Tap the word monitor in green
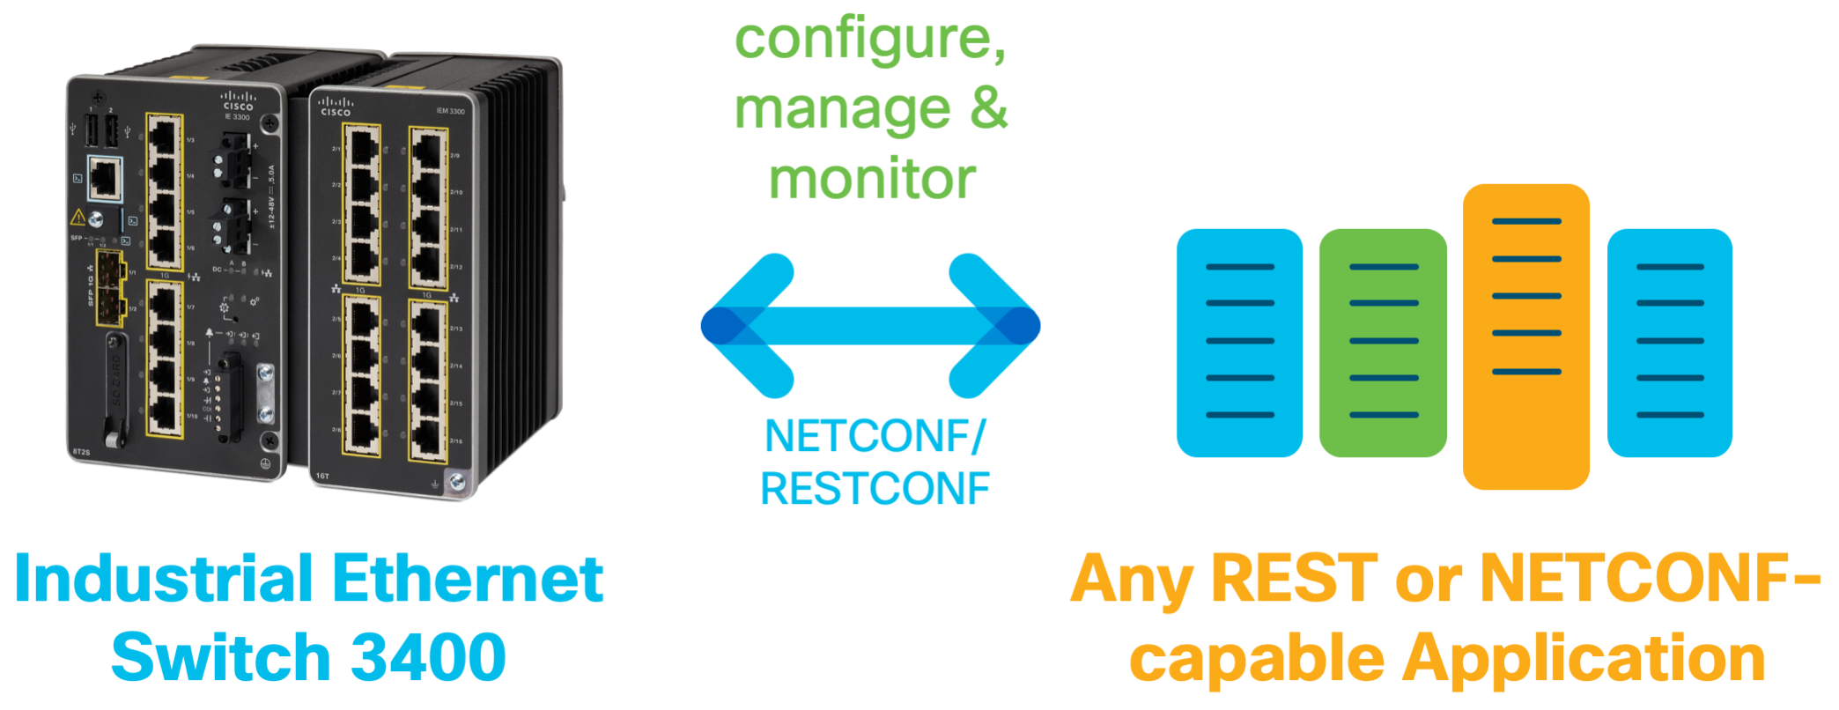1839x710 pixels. pyautogui.click(x=872, y=180)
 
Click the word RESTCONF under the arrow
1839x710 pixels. pyautogui.click(x=875, y=490)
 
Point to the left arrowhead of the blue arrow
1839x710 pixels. pyautogui.click(x=744, y=326)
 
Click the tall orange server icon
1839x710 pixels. pyautogui.click(x=1525, y=337)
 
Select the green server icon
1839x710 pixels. pyautogui.click(x=1383, y=344)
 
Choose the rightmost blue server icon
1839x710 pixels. pyautogui.click(x=1669, y=344)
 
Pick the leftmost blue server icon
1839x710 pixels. pyautogui.click(x=1239, y=344)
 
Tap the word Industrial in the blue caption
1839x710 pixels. pyautogui.click(x=164, y=580)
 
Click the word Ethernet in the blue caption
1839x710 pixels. pyautogui.click(x=468, y=580)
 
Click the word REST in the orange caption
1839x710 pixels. pyautogui.click(x=1294, y=580)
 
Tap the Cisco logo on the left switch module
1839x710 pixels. pyautogui.click(x=238, y=101)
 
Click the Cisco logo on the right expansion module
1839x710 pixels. pyautogui.click(x=336, y=107)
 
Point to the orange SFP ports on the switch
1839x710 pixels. pyautogui.click(x=110, y=288)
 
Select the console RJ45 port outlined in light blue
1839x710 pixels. pyautogui.click(x=105, y=178)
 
